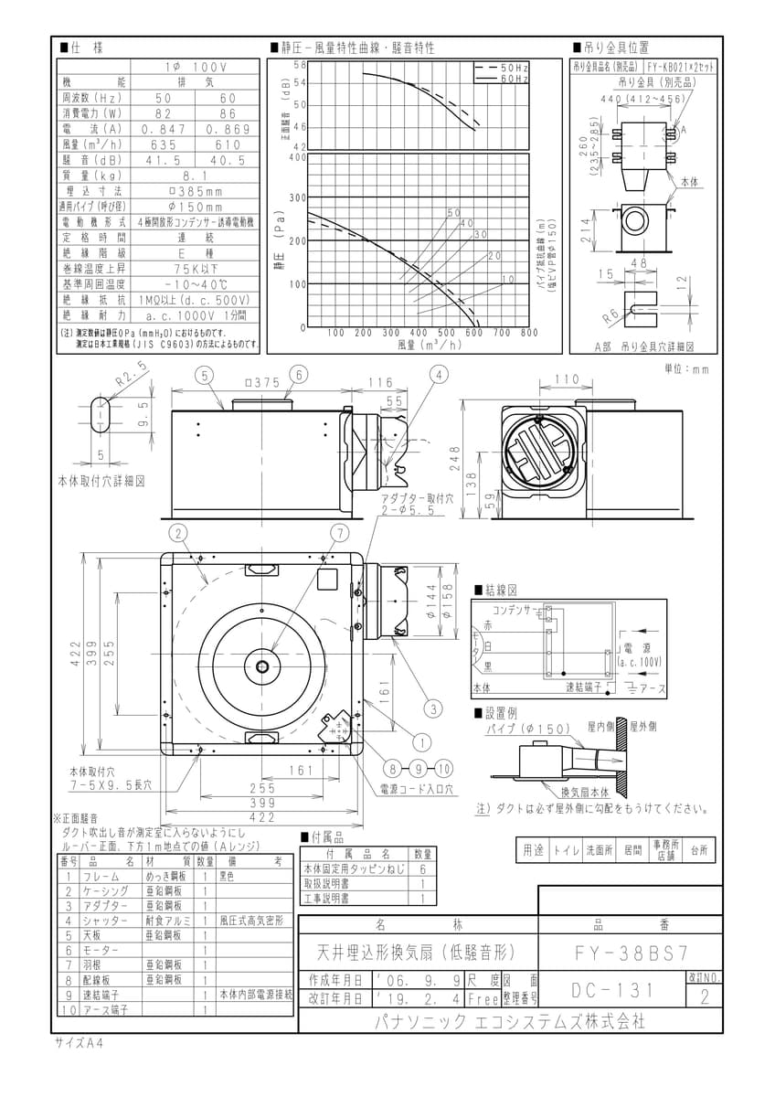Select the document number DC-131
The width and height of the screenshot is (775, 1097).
point(610,990)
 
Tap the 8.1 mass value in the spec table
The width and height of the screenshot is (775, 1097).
point(194,176)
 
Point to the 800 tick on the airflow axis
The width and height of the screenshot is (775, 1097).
point(529,333)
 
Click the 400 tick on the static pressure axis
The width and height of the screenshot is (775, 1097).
point(296,156)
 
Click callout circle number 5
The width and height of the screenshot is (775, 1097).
point(204,375)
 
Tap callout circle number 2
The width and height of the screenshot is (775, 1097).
point(179,531)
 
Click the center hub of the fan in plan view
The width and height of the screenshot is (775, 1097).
point(263,664)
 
